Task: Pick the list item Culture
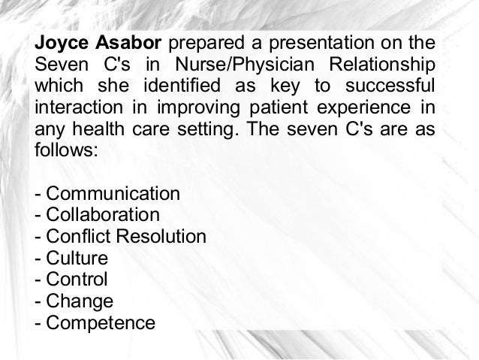point(78,259)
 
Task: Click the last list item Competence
point(101,324)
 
